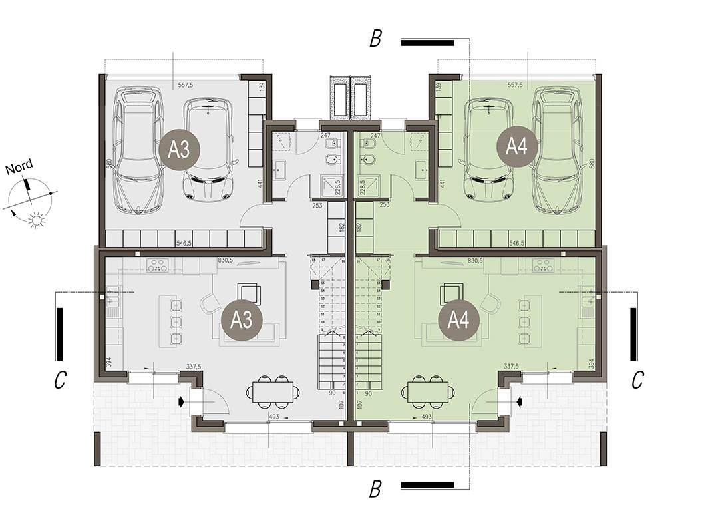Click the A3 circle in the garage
(179, 149)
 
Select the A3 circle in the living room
(242, 321)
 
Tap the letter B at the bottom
(375, 490)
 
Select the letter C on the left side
(60, 380)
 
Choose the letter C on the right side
(637, 380)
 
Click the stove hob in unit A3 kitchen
(157, 265)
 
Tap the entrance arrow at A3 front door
(182, 401)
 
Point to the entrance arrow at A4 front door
(519, 401)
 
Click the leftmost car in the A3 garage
(138, 150)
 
